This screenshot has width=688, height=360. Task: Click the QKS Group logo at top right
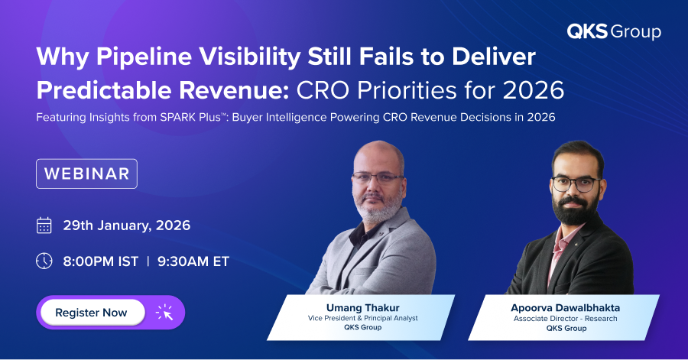tap(613, 31)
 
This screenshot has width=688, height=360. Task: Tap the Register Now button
tap(91, 313)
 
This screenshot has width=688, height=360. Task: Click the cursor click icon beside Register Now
tap(164, 313)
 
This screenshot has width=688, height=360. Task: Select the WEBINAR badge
tap(86, 174)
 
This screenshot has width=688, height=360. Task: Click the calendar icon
tap(44, 225)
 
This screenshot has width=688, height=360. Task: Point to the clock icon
tap(44, 261)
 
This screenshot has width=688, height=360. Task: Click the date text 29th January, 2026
tap(127, 225)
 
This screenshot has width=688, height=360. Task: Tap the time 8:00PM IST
tap(101, 261)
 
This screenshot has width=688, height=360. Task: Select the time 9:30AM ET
tap(193, 261)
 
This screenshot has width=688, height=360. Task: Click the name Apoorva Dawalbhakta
tap(566, 308)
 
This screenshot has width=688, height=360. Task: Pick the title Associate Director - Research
tap(566, 318)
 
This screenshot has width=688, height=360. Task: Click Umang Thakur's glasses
tap(378, 177)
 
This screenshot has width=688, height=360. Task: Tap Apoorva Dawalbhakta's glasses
tap(575, 183)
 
